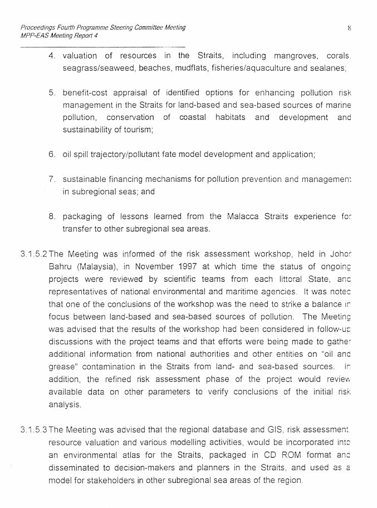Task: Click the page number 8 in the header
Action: (x=348, y=27)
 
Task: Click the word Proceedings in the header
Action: (x=38, y=27)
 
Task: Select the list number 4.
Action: (x=52, y=56)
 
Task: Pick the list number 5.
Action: (x=52, y=93)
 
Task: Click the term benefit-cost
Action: (x=85, y=93)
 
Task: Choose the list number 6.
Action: (x=52, y=154)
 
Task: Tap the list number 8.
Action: (x=52, y=216)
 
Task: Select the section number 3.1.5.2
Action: (x=34, y=254)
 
